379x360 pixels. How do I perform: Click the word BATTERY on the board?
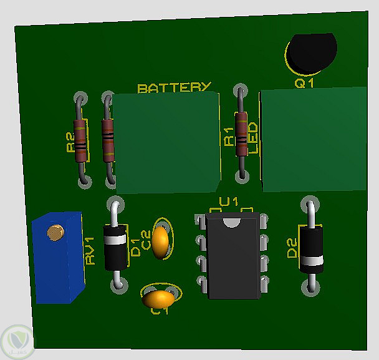pyautogui.click(x=175, y=88)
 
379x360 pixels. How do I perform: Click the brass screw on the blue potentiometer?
pyautogui.click(x=56, y=233)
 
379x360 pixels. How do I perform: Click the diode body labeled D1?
pyautogui.click(x=115, y=247)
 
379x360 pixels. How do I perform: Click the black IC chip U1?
pyautogui.click(x=233, y=256)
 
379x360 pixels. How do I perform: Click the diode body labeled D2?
pyautogui.click(x=311, y=249)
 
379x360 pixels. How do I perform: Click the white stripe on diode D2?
pyautogui.click(x=311, y=261)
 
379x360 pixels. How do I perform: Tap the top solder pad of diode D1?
pyautogui.click(x=114, y=205)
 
